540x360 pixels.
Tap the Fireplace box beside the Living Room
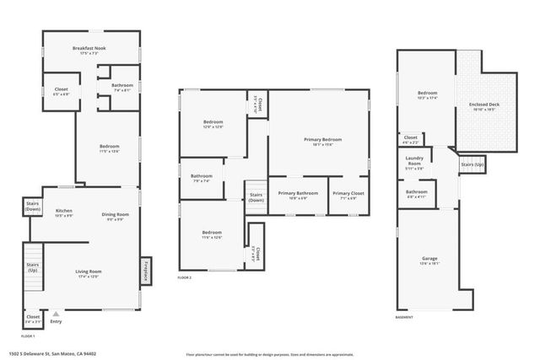146,272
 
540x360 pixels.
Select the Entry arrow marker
56,313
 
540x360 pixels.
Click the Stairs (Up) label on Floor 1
32,269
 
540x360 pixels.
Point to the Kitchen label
63,212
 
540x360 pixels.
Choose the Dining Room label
114,215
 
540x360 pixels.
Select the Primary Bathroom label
298,195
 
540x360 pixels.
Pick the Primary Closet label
348,195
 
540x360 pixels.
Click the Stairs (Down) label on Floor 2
256,197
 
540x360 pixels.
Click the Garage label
429,260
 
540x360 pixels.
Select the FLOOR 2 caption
185,277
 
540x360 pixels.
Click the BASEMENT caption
404,317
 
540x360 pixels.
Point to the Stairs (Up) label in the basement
471,164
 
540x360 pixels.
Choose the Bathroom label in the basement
416,193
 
